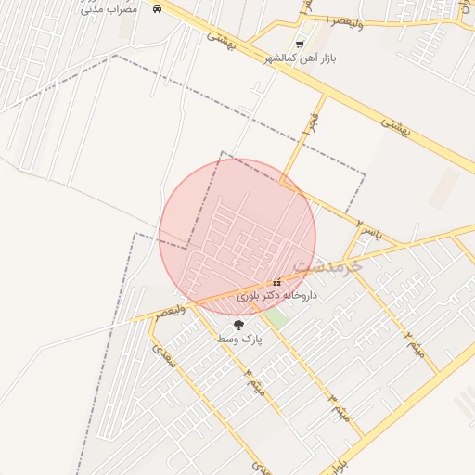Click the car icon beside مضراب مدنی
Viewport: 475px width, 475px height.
(x=157, y=8)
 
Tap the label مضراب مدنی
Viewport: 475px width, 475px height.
(x=109, y=8)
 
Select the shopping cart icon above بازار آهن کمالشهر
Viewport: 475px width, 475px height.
(x=299, y=44)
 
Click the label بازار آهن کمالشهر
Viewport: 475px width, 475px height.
(x=299, y=58)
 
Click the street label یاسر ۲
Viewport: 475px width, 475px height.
(x=367, y=225)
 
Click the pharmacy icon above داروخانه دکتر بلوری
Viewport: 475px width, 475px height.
(x=276, y=283)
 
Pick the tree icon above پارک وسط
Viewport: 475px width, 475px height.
(x=239, y=325)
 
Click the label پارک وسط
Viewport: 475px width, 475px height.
(x=239, y=340)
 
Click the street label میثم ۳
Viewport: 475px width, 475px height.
(x=338, y=408)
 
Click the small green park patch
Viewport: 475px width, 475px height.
(x=275, y=316)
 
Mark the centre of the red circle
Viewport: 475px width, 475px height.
(x=237, y=237)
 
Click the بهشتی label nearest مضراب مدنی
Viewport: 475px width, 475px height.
(x=223, y=38)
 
